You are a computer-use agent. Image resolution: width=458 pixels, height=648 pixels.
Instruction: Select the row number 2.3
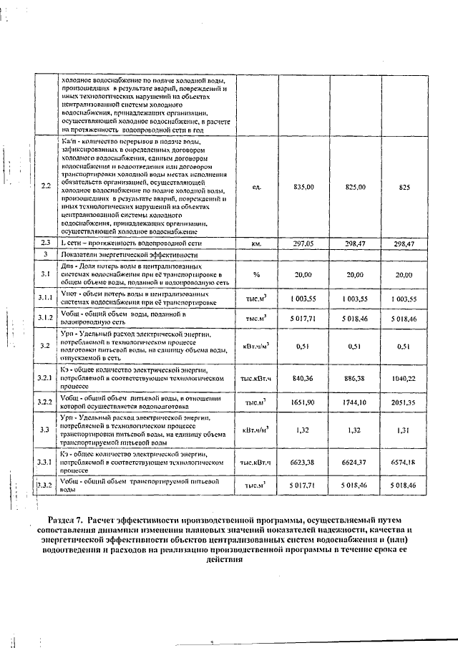coord(45,243)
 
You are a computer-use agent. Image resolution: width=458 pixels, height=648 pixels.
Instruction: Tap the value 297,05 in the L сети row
coord(303,243)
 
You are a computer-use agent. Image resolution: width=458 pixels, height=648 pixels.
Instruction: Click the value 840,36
coord(303,377)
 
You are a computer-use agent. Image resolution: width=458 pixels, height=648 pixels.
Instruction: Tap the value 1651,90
coord(303,403)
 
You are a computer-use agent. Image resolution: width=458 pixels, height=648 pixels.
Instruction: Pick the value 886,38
coord(354,377)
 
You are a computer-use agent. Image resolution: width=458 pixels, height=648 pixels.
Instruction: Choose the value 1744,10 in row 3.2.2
coord(354,403)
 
